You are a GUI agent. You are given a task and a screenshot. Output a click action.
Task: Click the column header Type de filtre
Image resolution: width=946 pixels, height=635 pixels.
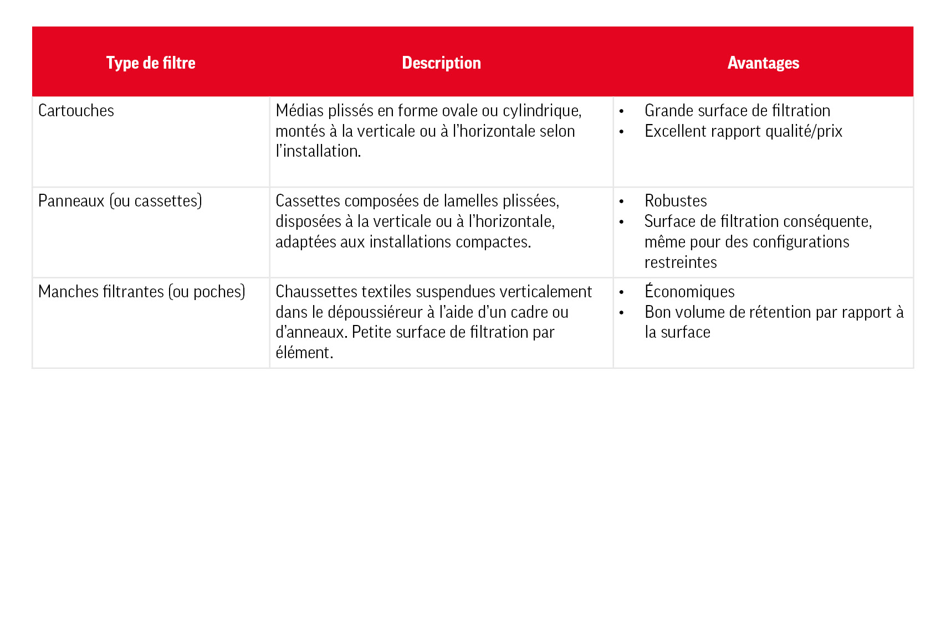coord(151,63)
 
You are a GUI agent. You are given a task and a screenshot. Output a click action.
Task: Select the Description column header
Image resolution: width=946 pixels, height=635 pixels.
coord(441,63)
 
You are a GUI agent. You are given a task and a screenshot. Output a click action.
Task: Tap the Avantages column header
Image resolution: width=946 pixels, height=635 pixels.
coord(763,63)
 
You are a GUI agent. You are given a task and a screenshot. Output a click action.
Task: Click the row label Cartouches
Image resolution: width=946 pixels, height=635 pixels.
coord(76,111)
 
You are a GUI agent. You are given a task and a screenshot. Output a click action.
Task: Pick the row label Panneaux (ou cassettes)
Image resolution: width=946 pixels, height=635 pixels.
coord(120,201)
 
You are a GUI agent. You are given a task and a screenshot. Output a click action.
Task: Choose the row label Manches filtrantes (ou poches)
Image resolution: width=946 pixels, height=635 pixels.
coord(141,292)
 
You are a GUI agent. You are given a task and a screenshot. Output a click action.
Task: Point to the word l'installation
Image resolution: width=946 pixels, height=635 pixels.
coord(318,151)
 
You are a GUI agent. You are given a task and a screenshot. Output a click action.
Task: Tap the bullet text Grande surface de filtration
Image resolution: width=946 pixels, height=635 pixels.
coord(737,111)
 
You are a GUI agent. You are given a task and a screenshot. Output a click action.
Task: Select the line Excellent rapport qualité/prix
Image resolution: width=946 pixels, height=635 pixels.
coord(743,131)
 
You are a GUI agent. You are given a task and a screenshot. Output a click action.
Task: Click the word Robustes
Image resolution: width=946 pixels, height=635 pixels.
coord(676,201)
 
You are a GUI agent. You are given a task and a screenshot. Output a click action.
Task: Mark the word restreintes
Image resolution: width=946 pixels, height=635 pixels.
coord(681,262)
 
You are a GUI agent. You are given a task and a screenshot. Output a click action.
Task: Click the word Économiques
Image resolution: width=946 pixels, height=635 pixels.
coord(689,292)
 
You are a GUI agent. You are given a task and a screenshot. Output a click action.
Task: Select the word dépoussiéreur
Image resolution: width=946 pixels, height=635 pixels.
coord(375,312)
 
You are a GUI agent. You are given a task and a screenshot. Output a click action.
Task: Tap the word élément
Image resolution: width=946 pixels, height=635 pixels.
coord(304,353)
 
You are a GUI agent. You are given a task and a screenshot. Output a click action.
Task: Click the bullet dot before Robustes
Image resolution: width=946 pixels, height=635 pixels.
coord(621,202)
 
